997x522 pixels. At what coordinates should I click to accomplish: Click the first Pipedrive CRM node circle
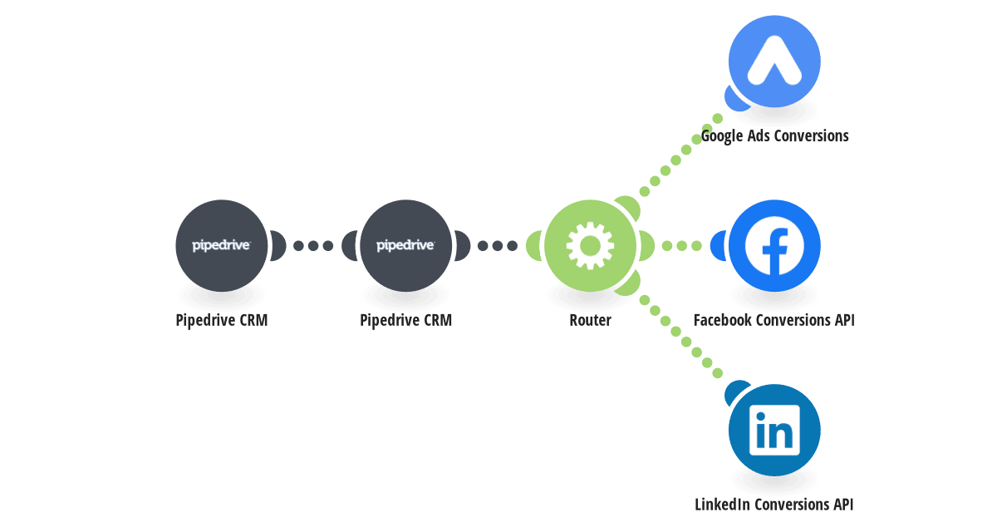coord(222,245)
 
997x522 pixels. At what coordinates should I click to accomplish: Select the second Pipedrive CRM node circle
coord(406,245)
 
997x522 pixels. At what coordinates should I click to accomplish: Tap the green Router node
coord(590,245)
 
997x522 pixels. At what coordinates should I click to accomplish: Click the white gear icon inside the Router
coord(590,245)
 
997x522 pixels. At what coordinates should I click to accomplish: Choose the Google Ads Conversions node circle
coord(774,61)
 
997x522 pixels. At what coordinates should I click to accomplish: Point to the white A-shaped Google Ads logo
coord(774,60)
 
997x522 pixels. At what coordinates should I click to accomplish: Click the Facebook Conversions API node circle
coord(774,245)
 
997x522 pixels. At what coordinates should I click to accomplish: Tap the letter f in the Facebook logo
coord(775,252)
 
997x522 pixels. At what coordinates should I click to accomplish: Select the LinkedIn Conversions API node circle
coord(774,430)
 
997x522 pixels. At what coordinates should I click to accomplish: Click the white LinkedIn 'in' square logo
coord(774,430)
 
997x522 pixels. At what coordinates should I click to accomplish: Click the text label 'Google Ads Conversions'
coord(774,135)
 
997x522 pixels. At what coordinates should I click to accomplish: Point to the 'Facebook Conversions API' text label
coord(774,320)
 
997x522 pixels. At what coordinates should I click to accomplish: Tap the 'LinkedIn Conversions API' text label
coord(774,505)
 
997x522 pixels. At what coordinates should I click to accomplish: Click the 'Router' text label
coord(590,320)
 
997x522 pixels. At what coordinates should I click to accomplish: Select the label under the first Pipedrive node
coord(222,320)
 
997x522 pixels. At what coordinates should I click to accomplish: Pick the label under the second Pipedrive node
coord(406,320)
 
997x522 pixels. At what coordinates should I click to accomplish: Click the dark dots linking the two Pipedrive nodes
coord(313,245)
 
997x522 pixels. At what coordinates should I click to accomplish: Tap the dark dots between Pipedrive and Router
coord(498,245)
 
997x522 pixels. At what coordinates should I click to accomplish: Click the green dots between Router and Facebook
coord(682,245)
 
